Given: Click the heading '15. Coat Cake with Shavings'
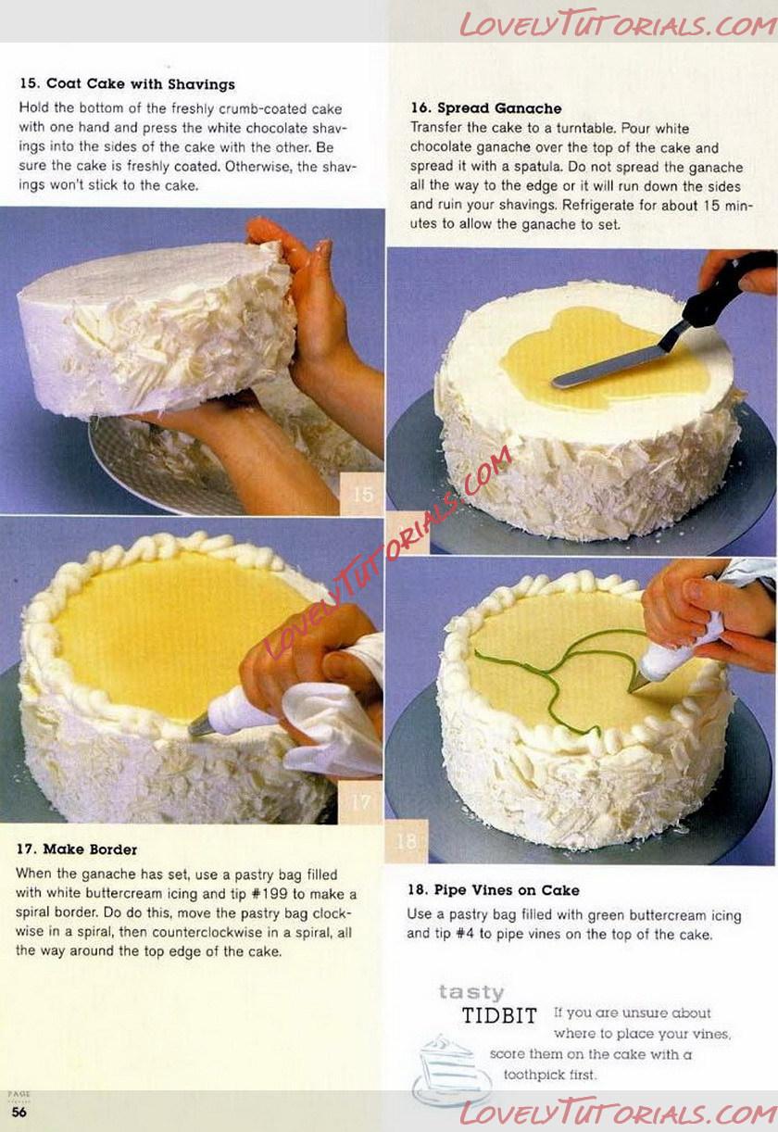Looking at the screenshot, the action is click(x=127, y=83).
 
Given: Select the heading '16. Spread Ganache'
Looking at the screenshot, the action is click(x=485, y=108).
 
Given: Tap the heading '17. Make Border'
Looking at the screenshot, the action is click(x=76, y=849).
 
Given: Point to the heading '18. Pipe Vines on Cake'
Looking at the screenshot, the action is click(x=494, y=890).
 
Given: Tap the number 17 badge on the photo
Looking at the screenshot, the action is click(x=359, y=802).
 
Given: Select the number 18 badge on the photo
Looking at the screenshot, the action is click(x=407, y=841).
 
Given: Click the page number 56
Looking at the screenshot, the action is click(x=19, y=1113).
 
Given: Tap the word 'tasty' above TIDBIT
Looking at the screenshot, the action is click(x=471, y=992).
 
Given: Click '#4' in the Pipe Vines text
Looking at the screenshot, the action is click(x=465, y=935).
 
